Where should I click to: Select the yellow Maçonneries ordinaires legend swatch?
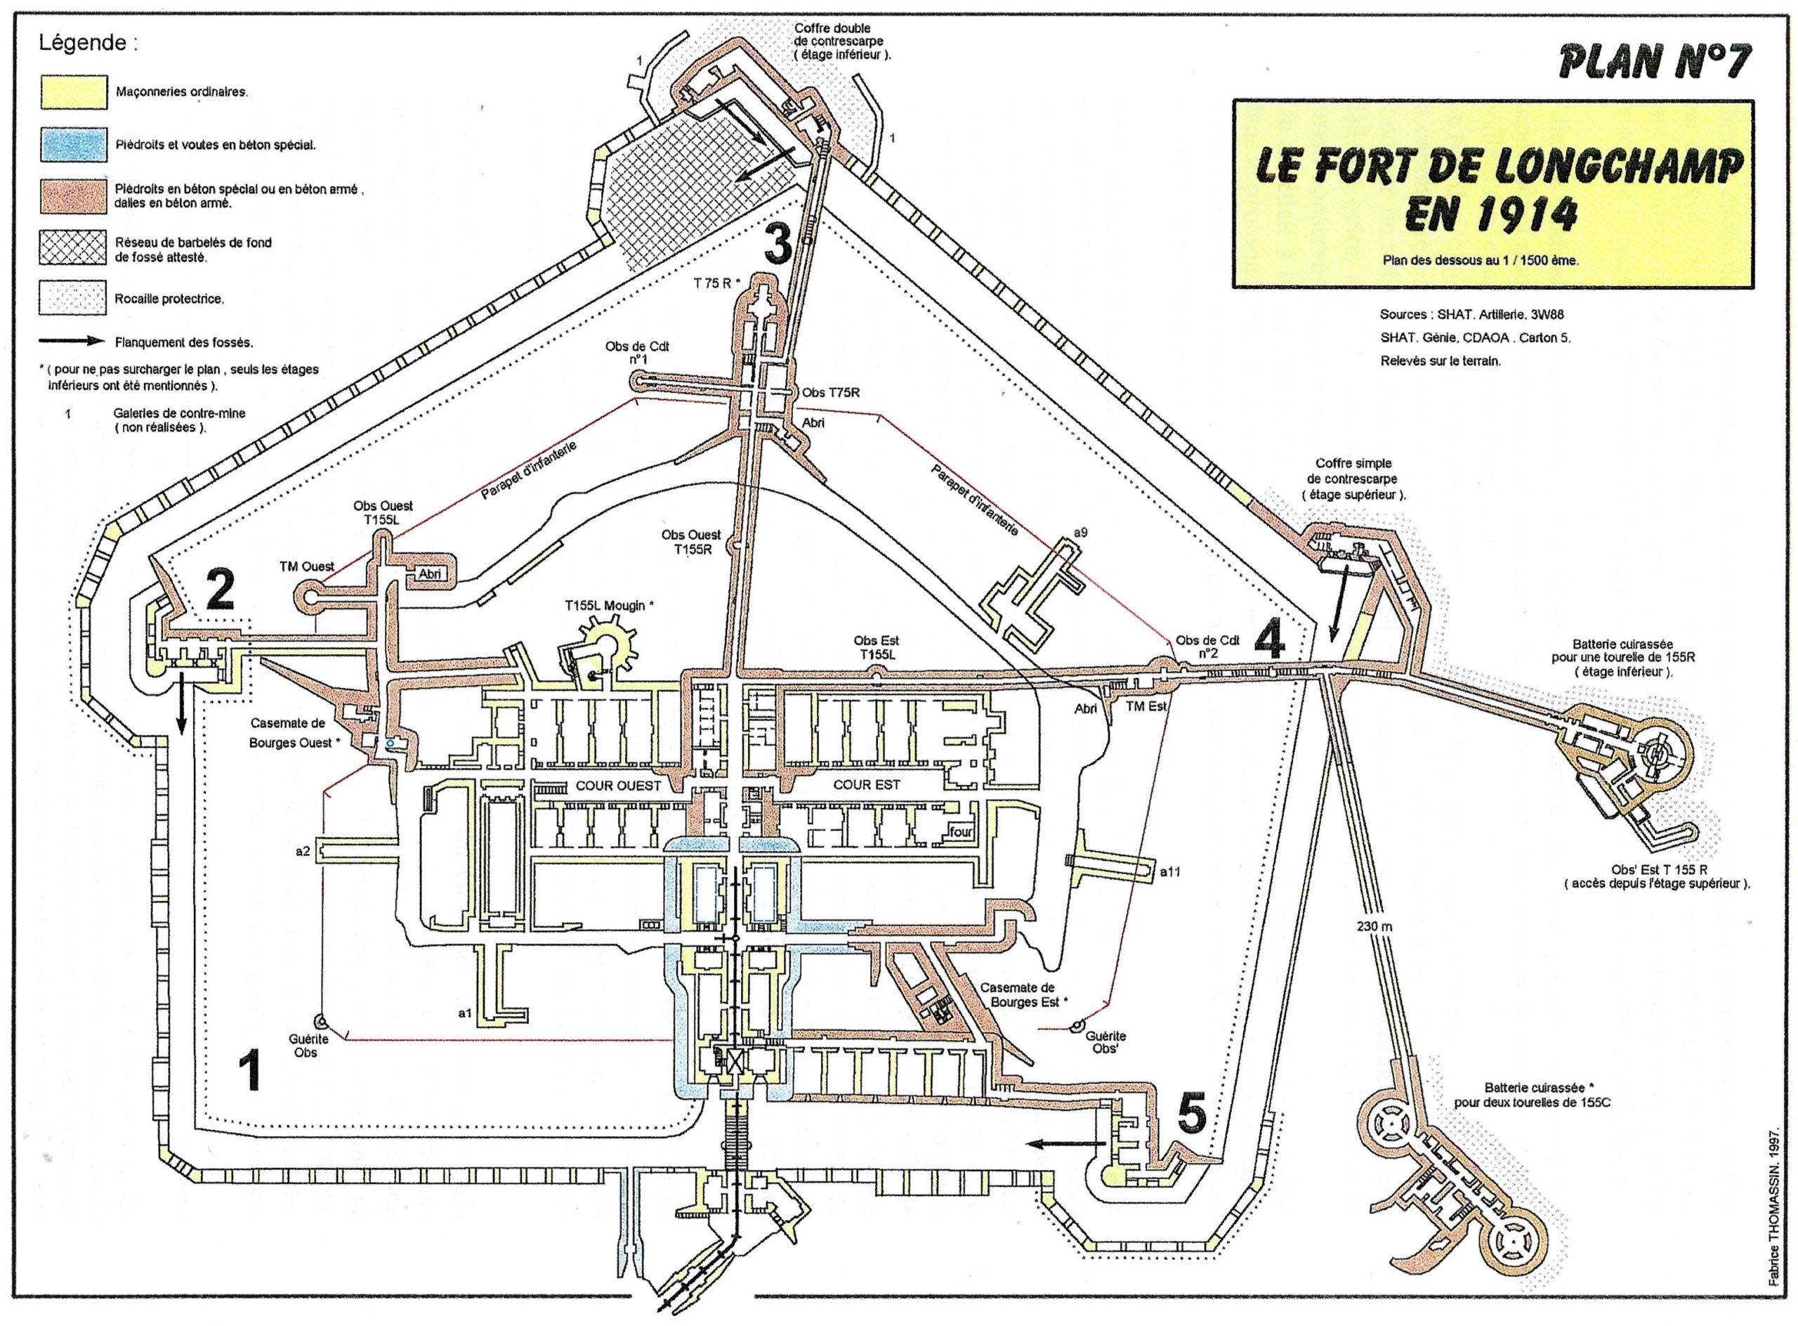(73, 91)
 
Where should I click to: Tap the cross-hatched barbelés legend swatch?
(73, 248)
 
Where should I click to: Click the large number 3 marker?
(777, 244)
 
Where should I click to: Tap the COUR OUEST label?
(618, 785)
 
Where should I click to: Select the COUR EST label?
(867, 784)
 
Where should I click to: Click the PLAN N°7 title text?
(1653, 61)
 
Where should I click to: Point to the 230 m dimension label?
(1374, 926)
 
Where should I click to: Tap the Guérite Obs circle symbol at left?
(320, 1021)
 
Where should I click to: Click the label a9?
(1080, 532)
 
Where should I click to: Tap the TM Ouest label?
(306, 566)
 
